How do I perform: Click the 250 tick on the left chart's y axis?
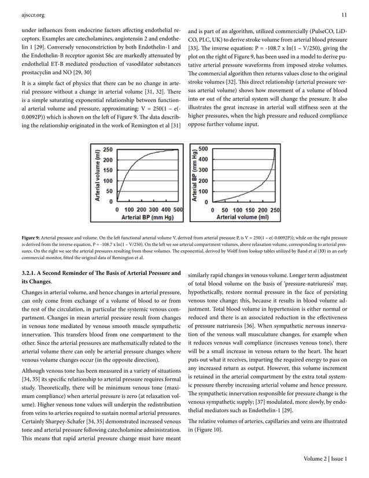(x=107, y=149)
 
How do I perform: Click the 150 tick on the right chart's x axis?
(x=250, y=209)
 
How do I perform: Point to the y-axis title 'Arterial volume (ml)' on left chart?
(x=95, y=174)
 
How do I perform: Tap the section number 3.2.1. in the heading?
(x=31, y=273)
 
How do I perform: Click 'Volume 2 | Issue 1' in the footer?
(x=325, y=459)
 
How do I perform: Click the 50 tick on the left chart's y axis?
(x=109, y=190)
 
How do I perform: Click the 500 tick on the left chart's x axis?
(x=177, y=209)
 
